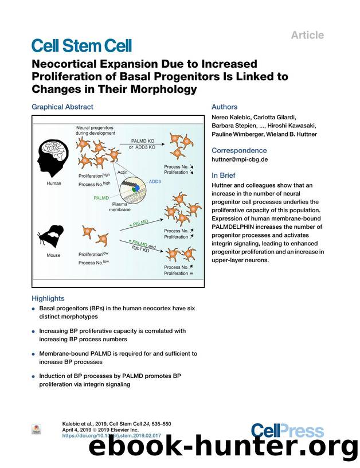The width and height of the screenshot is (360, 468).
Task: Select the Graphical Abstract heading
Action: [62, 107]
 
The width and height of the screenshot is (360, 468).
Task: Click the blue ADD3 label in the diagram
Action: [155, 181]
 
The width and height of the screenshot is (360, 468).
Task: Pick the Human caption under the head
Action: [53, 184]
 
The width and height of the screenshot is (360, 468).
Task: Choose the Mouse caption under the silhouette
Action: [53, 255]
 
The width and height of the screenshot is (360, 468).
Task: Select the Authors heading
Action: [224, 107]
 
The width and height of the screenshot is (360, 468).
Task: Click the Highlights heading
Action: [48, 298]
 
